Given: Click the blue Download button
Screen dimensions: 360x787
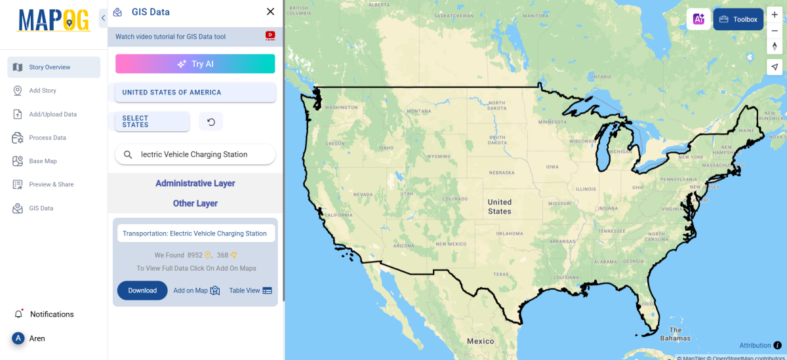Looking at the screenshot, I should pos(142,290).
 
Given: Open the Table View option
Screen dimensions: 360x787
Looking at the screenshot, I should pos(250,290).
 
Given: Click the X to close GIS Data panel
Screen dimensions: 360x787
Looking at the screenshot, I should pos(270,12).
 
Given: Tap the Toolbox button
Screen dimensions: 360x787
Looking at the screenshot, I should pos(738,19).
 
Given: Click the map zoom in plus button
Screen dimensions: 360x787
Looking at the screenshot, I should pos(775,15).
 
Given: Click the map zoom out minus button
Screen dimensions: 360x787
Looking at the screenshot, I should pos(775,30).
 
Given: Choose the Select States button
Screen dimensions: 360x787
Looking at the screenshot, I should pos(152,122).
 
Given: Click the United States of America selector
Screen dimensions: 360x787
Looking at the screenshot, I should pos(195,92).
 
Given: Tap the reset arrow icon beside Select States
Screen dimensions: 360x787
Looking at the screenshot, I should pos(211,122).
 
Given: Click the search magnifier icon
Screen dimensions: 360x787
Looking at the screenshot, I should pos(128,155).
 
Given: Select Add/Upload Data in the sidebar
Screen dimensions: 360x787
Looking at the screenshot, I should pos(52,114).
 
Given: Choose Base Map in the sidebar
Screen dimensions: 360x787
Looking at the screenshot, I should pos(43,161).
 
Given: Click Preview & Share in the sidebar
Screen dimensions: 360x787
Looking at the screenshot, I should pos(51,184).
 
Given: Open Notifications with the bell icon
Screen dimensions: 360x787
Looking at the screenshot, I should pos(18,314).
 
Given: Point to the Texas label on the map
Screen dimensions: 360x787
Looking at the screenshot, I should pos(501,274).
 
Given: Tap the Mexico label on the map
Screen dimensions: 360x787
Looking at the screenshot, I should pos(481,341).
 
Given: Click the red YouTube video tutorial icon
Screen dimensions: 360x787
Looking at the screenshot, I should pos(270,36).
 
